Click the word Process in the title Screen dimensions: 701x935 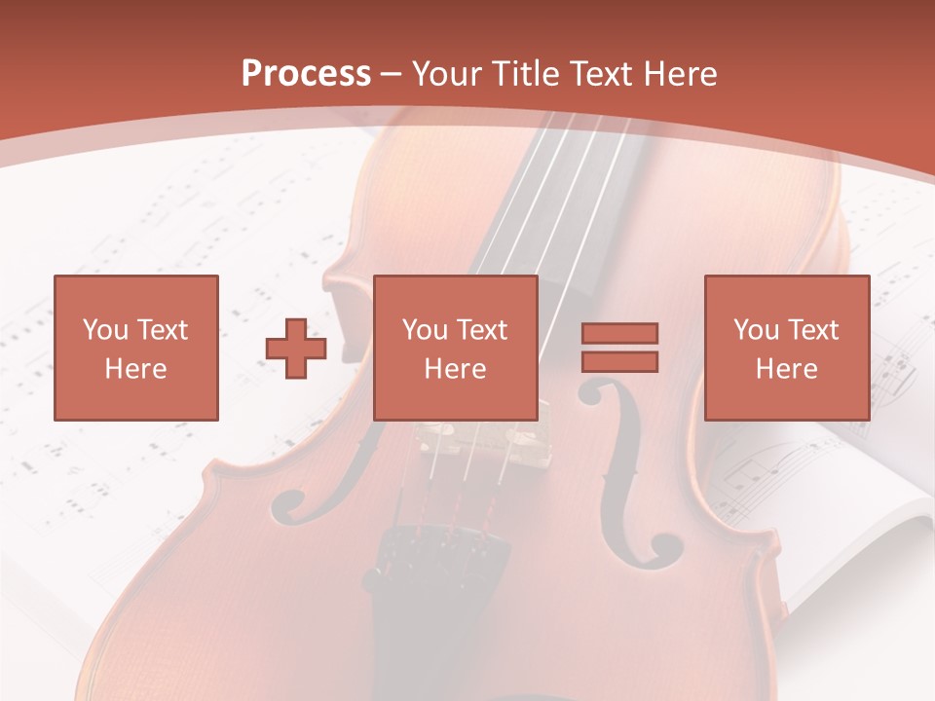point(306,74)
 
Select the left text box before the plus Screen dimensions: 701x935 point(135,348)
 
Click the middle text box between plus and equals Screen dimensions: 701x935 point(455,348)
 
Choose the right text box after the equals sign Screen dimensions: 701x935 point(786,348)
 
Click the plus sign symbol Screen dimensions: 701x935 point(296,349)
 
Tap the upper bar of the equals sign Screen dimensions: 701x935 point(619,334)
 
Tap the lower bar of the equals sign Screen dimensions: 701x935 point(619,361)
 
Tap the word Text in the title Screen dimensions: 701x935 point(600,74)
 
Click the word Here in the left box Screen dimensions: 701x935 point(135,369)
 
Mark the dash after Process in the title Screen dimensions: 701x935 point(392,74)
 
